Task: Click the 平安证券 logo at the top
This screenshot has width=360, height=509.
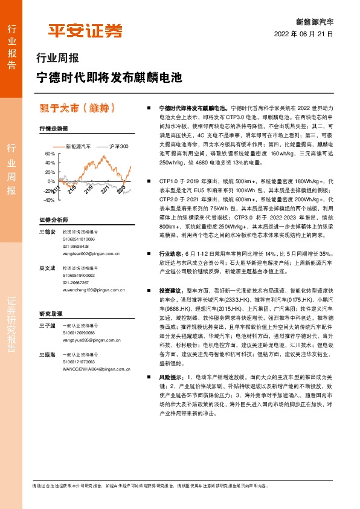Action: tap(85, 31)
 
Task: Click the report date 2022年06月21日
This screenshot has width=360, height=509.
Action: tap(303, 34)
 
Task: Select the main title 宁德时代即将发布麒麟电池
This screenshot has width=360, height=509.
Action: tap(109, 78)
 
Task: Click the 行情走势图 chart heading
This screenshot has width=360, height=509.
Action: tap(54, 129)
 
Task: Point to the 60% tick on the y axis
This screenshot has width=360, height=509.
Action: tap(50, 154)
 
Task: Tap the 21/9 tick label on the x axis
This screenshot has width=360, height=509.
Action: tap(89, 190)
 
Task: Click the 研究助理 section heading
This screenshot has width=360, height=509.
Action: tap(51, 314)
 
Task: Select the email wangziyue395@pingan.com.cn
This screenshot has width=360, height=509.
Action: tap(89, 341)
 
